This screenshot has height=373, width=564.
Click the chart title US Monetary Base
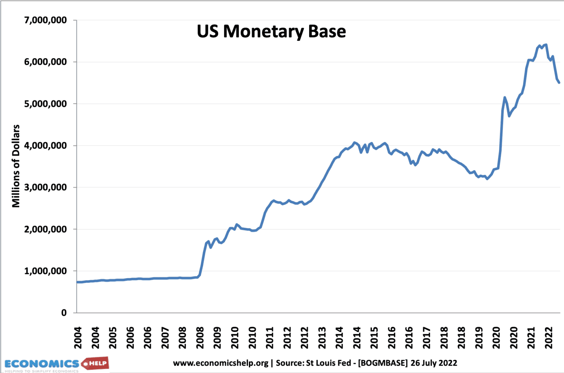[x=271, y=32]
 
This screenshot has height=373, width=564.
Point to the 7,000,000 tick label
[x=46, y=20]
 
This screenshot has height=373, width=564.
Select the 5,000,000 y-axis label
[x=46, y=104]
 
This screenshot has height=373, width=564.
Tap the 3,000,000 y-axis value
[x=46, y=187]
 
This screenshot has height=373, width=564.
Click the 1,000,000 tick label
[x=46, y=271]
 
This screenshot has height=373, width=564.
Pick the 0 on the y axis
[x=64, y=313]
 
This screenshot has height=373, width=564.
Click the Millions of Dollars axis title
[x=16, y=166]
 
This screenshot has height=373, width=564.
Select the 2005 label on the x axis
[x=113, y=338]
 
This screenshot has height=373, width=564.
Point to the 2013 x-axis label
[x=322, y=338]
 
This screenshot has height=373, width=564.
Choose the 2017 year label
[x=426, y=338]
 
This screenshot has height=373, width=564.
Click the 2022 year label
[x=549, y=338]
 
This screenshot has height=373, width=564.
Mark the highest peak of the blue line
[x=546, y=45]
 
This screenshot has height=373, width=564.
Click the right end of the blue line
[x=559, y=83]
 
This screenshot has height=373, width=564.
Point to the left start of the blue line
[x=77, y=282]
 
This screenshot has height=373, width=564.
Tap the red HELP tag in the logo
[x=96, y=363]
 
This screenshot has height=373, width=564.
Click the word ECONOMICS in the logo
[x=41, y=364]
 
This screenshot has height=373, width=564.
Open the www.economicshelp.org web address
[x=221, y=363]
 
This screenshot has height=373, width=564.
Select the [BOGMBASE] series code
[x=383, y=363]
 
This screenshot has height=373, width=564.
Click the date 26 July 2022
[x=434, y=363]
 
